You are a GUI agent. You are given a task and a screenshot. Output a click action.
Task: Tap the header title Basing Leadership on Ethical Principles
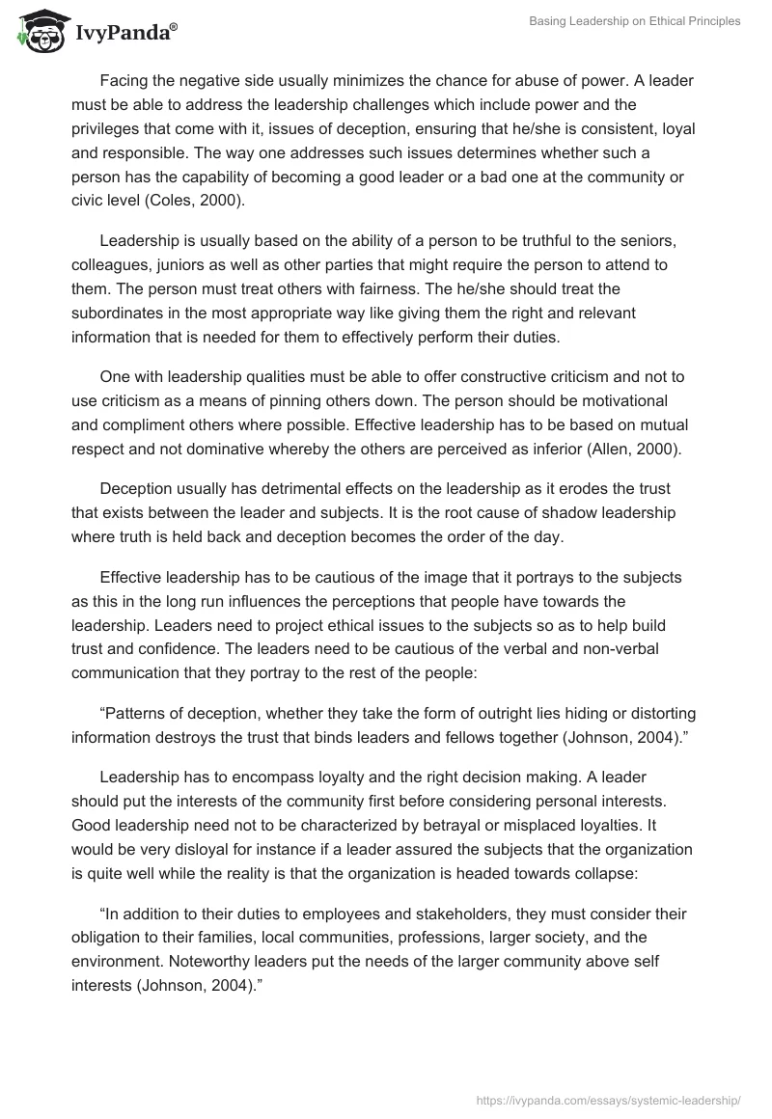(635, 21)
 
